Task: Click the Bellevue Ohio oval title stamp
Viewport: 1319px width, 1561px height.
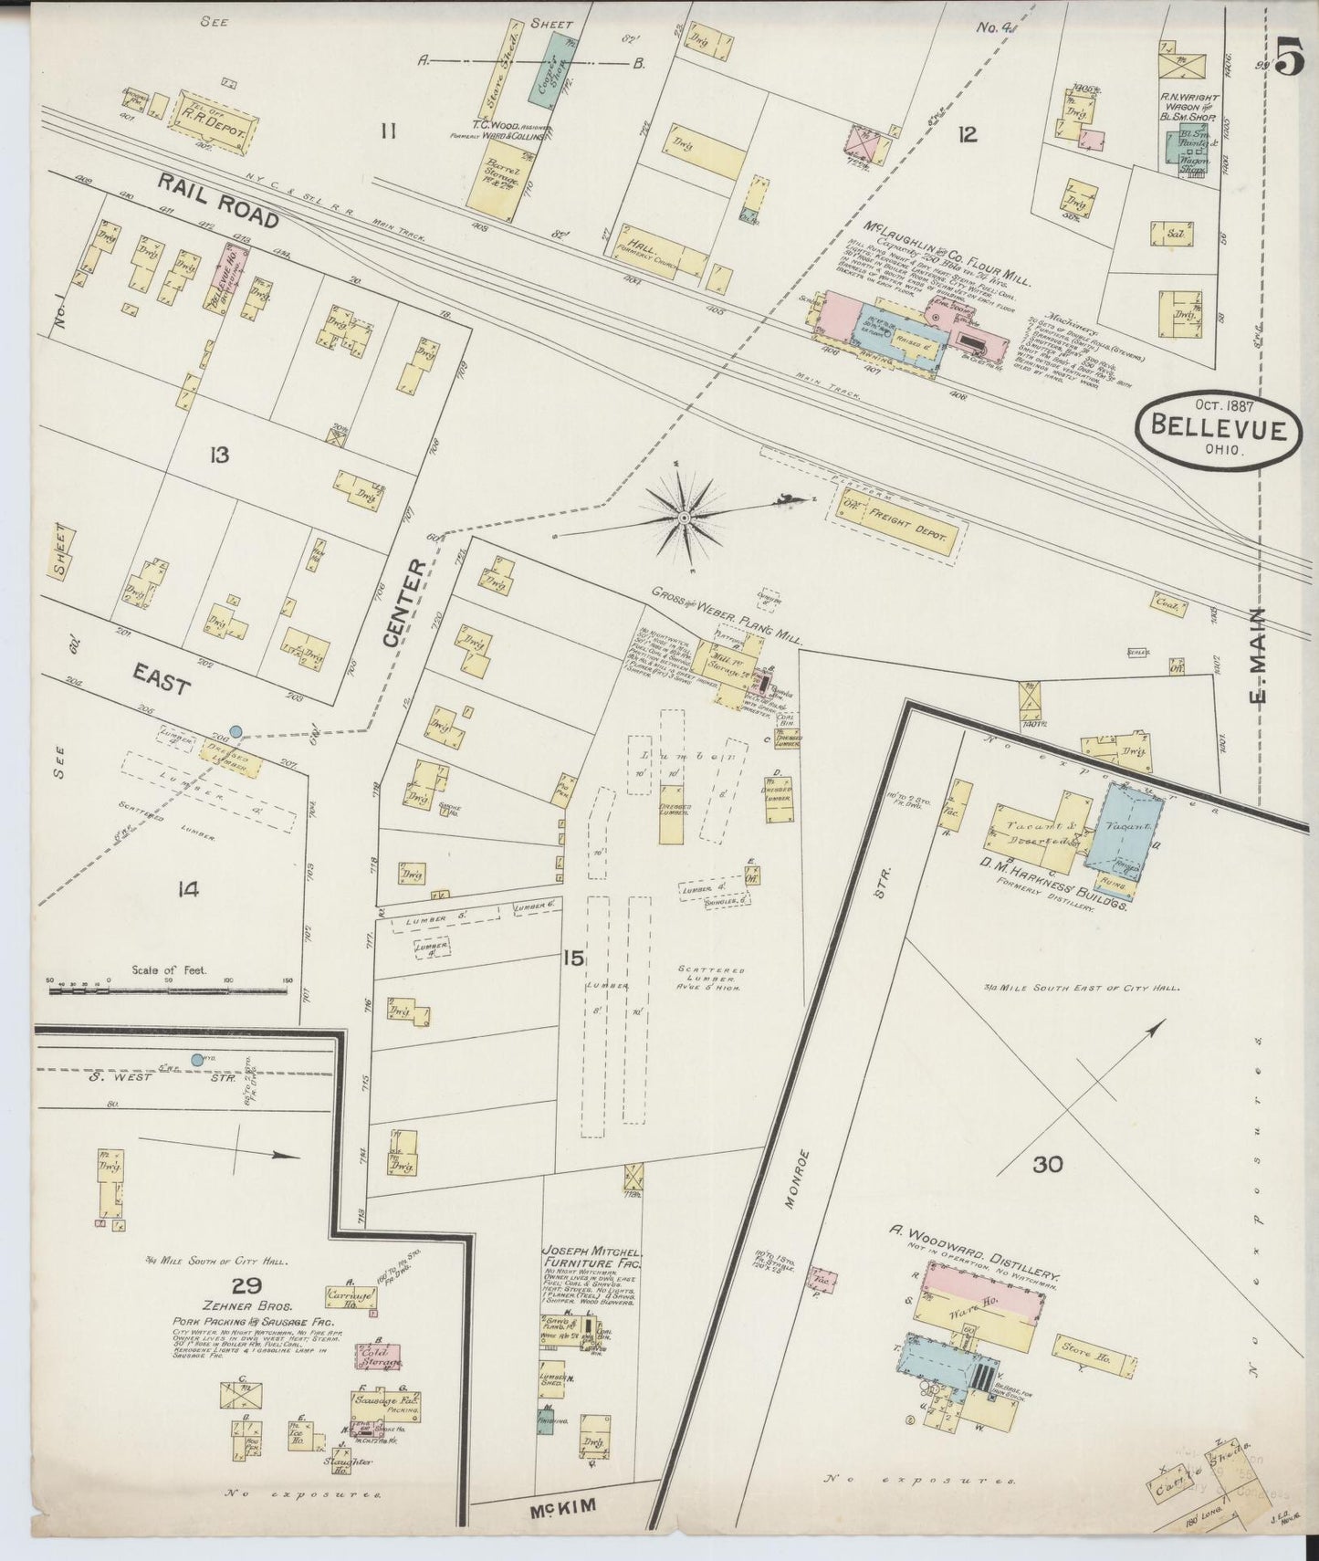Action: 1217,428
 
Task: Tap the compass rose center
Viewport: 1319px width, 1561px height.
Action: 683,518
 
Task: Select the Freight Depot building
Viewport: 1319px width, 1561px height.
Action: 898,523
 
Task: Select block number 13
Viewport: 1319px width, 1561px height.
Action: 219,454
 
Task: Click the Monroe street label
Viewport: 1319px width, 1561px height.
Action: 799,1178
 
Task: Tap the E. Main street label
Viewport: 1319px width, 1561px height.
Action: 1259,655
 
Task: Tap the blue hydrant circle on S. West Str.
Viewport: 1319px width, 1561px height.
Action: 196,1059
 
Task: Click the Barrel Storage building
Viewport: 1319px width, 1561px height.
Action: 498,180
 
